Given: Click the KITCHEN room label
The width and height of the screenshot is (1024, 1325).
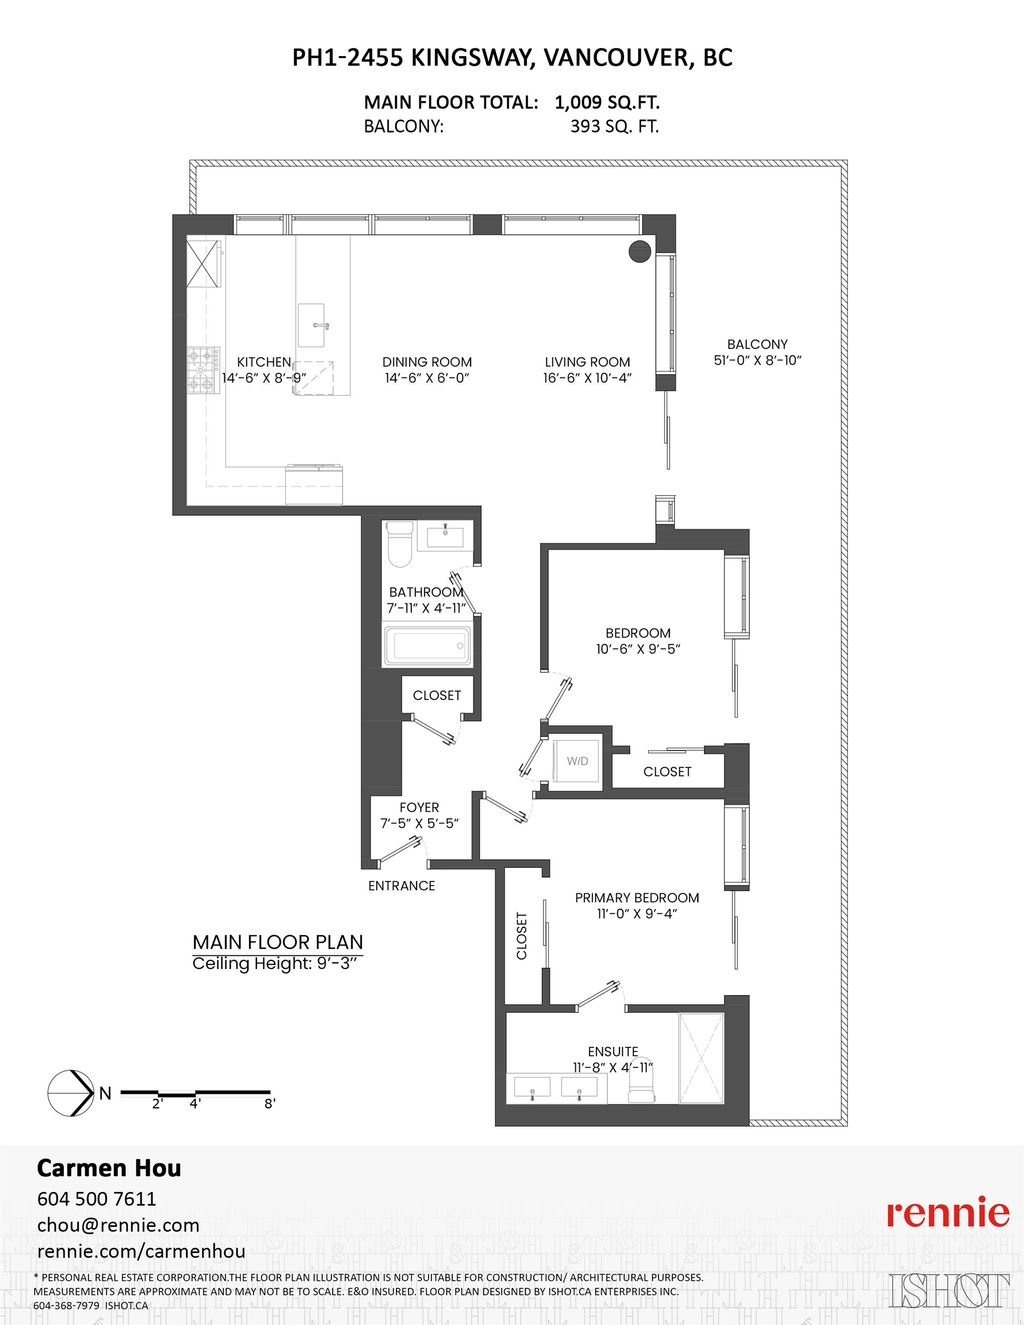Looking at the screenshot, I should pos(264,362).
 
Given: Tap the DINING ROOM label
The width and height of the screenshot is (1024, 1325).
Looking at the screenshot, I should pos(427,362).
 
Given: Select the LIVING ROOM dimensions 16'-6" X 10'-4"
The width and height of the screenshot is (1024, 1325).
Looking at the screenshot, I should pos(587,378).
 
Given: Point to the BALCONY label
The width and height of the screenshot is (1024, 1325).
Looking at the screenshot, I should pos(757,344).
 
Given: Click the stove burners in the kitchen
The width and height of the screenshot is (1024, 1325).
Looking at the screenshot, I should pos(203,369).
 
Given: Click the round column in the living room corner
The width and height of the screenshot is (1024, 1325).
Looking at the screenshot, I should pos(640,251).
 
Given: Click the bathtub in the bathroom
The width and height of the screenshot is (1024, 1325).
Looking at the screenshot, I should pos(427,645).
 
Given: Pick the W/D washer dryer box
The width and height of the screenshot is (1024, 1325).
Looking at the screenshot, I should pos(577,762).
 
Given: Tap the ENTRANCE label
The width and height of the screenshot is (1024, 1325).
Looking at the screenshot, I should pos(401,886).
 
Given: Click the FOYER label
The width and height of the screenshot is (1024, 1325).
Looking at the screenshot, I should pos(419,807).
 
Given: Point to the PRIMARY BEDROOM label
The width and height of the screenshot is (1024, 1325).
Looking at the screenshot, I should pos(637,898).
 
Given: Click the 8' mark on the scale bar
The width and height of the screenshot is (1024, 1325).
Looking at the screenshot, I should pos(269,1104).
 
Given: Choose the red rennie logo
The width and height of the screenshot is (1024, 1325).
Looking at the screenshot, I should pos(948,1212).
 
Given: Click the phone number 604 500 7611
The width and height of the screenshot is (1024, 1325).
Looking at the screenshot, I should pos(96,1198).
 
